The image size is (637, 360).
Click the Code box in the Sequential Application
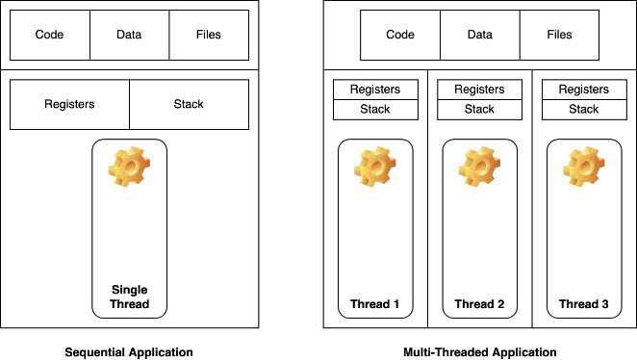(x=49, y=35)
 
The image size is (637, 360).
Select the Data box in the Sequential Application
(x=129, y=35)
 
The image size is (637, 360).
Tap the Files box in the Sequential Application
(x=209, y=35)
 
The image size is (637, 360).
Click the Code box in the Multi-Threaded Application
(x=400, y=35)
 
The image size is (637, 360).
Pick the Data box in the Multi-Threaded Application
(x=479, y=35)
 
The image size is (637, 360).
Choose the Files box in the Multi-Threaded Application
(x=559, y=35)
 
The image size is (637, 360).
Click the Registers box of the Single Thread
(x=69, y=104)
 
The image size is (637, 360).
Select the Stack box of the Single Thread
(x=189, y=104)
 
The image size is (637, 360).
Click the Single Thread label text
(x=129, y=296)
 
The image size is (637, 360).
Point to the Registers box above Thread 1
(x=374, y=90)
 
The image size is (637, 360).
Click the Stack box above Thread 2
(x=479, y=109)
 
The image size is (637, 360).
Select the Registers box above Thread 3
(x=584, y=90)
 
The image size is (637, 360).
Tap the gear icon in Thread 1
(x=374, y=167)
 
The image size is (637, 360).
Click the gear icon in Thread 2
(x=479, y=167)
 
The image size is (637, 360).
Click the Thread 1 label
(x=374, y=304)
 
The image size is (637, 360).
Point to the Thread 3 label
(x=584, y=304)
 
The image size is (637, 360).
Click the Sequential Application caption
(x=129, y=351)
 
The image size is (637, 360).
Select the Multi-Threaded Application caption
(x=479, y=351)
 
